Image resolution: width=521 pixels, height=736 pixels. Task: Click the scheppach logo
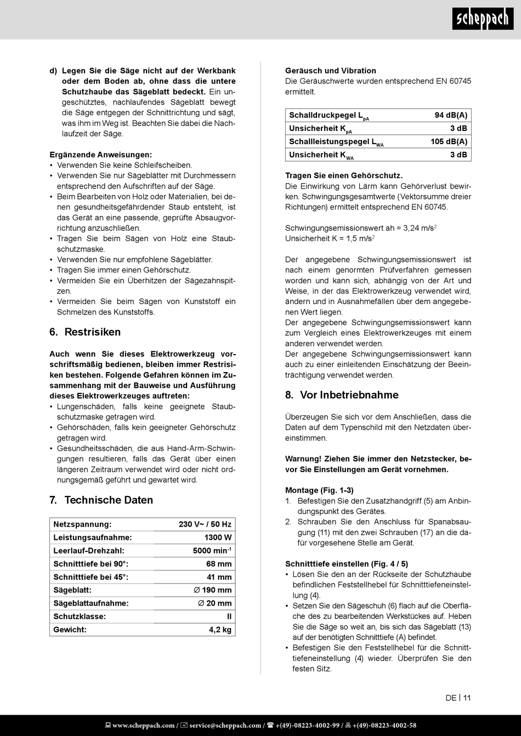483,20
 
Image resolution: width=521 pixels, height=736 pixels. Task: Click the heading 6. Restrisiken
85,332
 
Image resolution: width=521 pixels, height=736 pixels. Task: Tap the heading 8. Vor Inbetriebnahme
342,395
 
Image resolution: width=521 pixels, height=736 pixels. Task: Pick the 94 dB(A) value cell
451,115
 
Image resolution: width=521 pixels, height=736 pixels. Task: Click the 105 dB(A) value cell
449,141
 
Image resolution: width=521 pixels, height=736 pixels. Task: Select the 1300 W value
218,538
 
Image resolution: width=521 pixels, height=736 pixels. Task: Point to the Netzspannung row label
82,524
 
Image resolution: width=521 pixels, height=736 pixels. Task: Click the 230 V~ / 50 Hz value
205,524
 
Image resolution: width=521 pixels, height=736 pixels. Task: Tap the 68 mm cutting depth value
219,564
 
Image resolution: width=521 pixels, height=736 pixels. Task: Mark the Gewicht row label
70,630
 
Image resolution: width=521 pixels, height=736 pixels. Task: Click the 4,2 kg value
220,630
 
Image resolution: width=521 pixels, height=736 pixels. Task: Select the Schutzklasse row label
79,617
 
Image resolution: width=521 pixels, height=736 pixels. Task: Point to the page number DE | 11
458,698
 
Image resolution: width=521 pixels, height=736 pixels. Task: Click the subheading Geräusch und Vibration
331,71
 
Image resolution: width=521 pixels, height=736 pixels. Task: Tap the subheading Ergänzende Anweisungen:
101,155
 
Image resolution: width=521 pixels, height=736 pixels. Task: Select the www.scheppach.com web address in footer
143,726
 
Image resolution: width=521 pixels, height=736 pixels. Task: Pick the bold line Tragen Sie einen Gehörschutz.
344,176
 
